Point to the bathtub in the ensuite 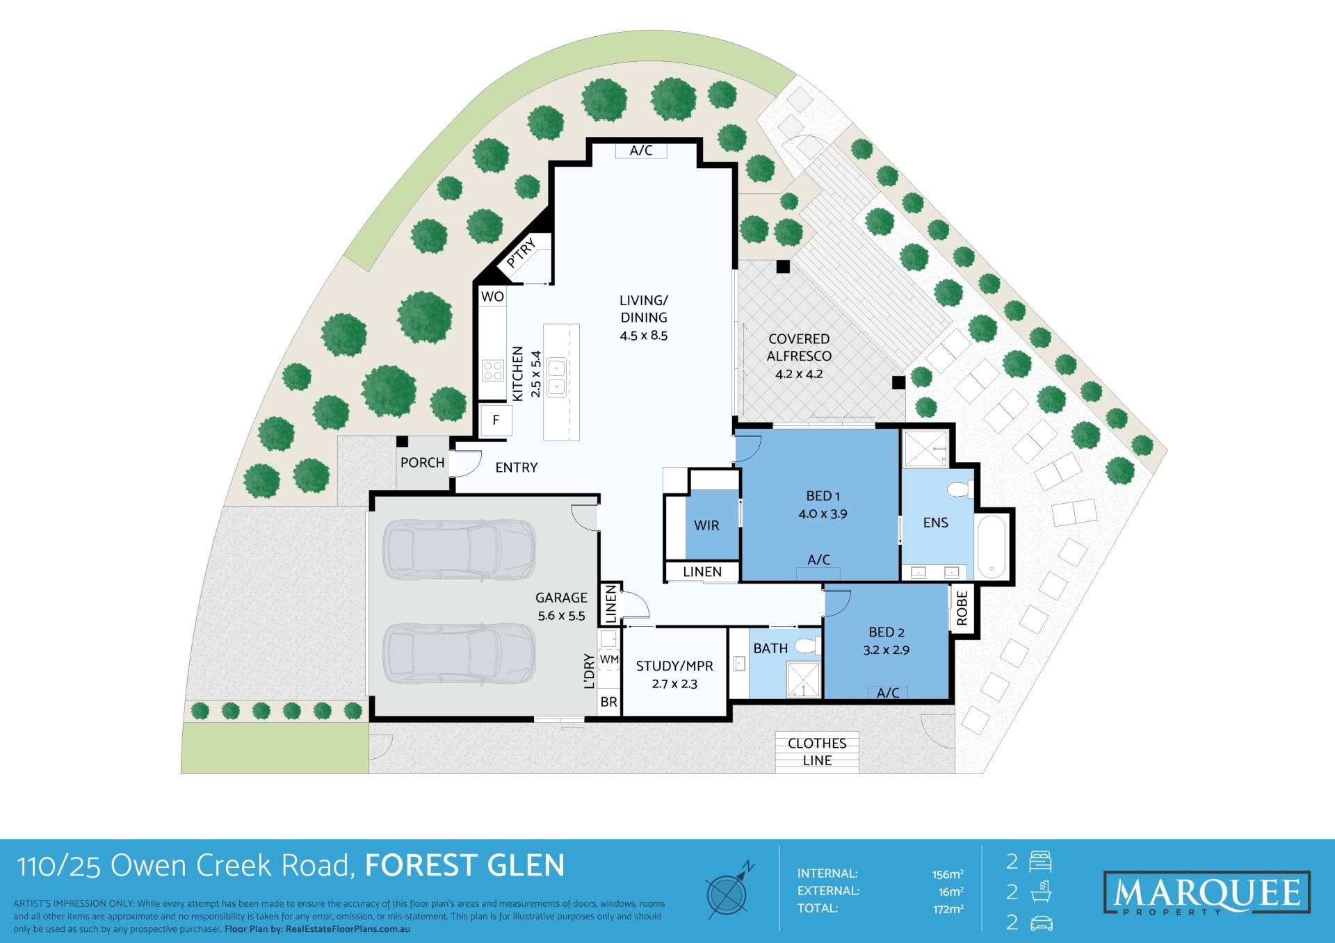coord(992,547)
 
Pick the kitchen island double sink coord(556,377)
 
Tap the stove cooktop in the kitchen coord(493,370)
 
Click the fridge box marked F coord(496,420)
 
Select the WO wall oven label coord(492,297)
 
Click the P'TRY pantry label coord(521,252)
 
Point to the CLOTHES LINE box coord(817,752)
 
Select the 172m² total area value coord(948,909)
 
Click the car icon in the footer coord(1041,924)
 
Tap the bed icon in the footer coord(1040,862)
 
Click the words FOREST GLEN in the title coord(464,866)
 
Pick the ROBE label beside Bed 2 coord(962,608)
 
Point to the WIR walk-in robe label coord(706,525)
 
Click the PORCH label coord(422,463)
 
